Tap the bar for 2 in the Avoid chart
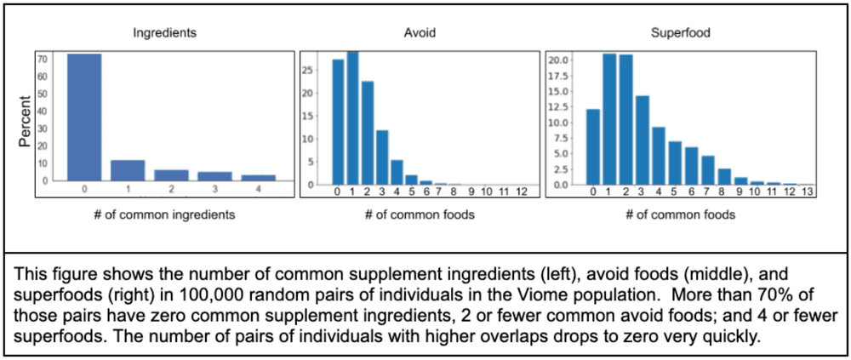(368, 133)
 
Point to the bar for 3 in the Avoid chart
(383, 157)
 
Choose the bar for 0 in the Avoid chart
(337, 122)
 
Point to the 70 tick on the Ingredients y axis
(42, 60)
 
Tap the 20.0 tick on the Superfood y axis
(558, 60)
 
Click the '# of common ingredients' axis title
(165, 214)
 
